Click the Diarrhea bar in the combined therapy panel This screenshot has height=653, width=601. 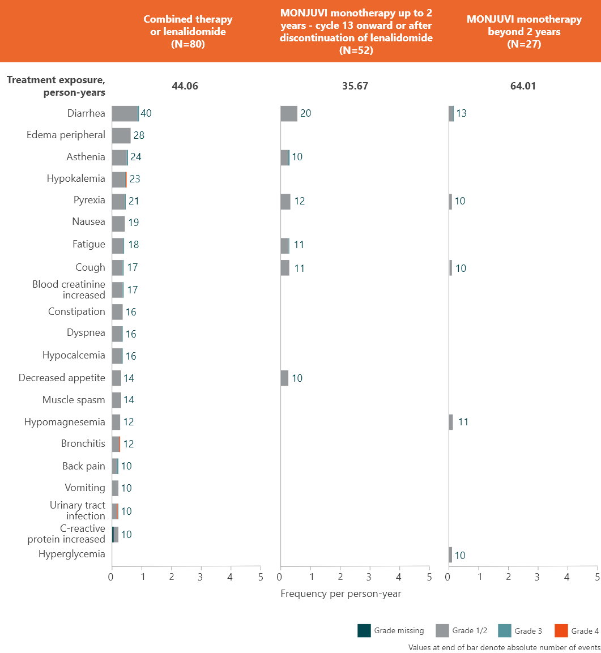coord(125,113)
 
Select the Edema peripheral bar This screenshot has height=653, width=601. coord(121,135)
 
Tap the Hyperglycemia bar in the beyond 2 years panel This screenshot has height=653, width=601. coord(450,555)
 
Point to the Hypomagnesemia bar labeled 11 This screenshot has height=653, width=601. coord(451,422)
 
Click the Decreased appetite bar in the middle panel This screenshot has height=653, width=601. coord(285,378)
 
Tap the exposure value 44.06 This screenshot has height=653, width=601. coord(185,86)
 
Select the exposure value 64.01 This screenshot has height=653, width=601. coord(522,86)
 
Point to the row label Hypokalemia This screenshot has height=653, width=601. coord(76,178)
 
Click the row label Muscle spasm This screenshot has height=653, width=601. coord(74,400)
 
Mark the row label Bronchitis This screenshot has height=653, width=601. coord(83,443)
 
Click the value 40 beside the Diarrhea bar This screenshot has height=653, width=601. coord(146,113)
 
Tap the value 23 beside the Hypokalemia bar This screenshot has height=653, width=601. coord(135,179)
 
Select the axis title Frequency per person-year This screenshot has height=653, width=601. coord(340,594)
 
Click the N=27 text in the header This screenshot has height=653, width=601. coord(524,44)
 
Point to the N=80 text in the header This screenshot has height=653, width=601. coord(187,44)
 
